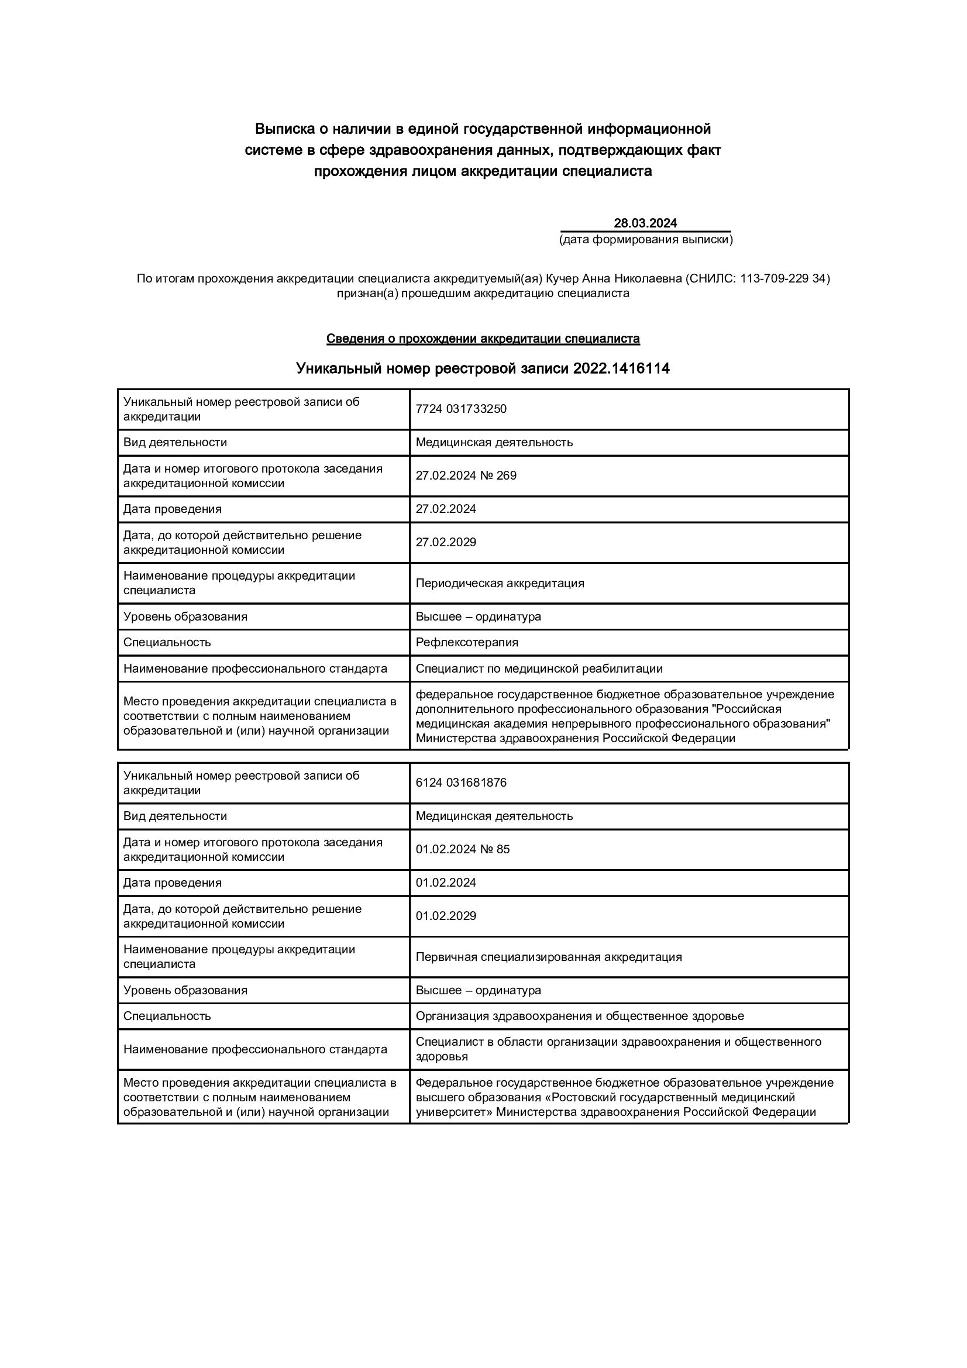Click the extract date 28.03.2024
pos(645,223)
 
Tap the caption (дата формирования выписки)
pos(645,240)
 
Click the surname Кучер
pos(562,278)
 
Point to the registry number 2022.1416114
pos(621,369)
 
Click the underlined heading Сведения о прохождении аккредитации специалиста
pos(483,339)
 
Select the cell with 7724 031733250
pos(461,409)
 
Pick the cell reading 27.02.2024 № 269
pos(466,475)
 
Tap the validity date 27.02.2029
pos(446,542)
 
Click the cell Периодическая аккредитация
pos(500,583)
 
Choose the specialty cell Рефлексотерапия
pos(467,642)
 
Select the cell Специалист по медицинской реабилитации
pos(539,669)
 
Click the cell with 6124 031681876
pos(461,783)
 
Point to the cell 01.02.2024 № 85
pos(463,849)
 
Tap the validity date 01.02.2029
pos(446,916)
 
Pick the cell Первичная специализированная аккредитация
pos(549,957)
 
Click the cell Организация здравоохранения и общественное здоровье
pos(580,1016)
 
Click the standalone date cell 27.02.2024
pos(446,509)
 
